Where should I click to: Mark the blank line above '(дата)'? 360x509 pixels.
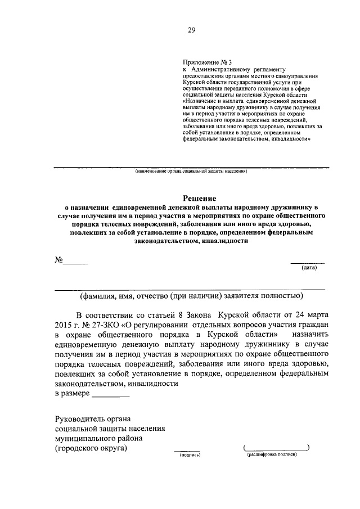point(307,262)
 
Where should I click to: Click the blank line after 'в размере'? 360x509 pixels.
point(110,397)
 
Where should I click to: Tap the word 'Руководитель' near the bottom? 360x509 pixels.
point(79,418)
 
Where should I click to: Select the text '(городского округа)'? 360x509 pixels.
point(91,448)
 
